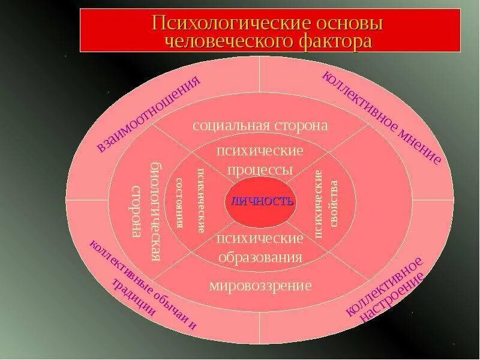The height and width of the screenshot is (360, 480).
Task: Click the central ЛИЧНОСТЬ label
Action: [260, 201]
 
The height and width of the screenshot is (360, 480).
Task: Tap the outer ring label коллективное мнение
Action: [382, 117]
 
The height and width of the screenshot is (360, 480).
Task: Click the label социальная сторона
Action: [260, 125]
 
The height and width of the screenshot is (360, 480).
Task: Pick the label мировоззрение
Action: [260, 285]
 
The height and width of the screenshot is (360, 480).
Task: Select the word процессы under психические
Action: [260, 170]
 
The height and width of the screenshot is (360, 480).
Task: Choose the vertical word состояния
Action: [179, 203]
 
